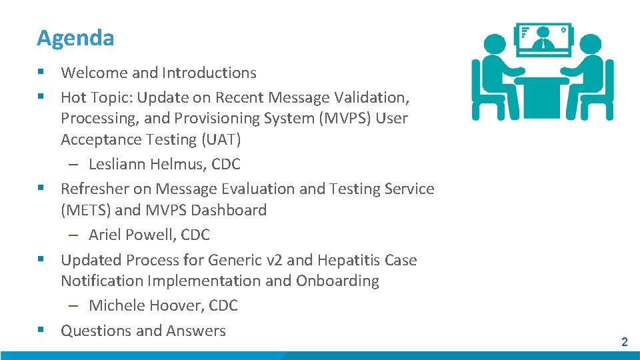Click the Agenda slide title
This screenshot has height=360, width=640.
75,38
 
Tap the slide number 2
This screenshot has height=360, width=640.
624,342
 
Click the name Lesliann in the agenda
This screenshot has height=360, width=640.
117,164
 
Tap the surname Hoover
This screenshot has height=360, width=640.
173,305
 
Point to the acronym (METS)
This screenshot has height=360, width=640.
86,211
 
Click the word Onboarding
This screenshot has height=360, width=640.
337,281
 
